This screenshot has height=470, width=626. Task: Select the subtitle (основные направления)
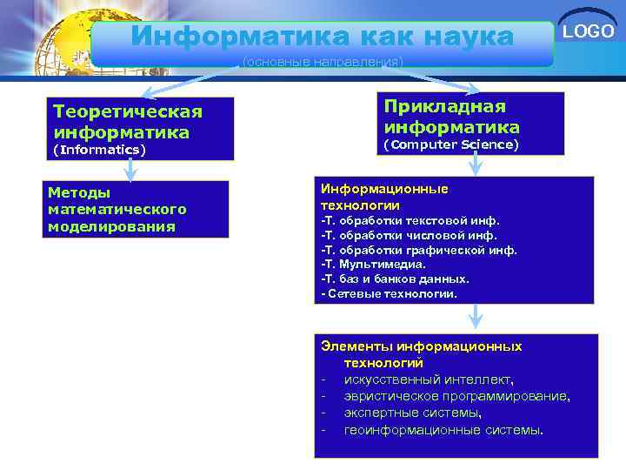click(323, 62)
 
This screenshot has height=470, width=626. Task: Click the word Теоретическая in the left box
click(128, 112)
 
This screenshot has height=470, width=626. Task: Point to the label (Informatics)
click(99, 150)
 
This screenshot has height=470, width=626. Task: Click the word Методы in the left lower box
click(79, 192)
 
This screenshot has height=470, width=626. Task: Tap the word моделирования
click(111, 226)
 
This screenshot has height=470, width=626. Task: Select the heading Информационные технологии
click(384, 197)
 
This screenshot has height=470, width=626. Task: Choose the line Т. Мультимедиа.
click(374, 264)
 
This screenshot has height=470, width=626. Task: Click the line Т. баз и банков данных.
click(396, 279)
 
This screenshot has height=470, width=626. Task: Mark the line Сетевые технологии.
click(389, 293)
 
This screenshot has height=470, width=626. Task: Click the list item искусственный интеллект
click(429, 379)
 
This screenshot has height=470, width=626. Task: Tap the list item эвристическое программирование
click(457, 396)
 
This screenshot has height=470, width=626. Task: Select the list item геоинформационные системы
click(443, 430)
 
